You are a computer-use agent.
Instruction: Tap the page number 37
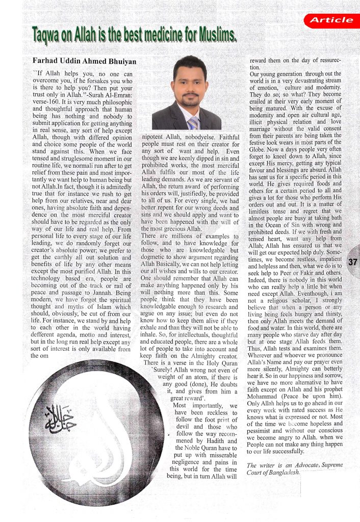(x=352, y=263)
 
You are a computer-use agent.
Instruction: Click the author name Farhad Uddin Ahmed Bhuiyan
(x=85, y=61)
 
